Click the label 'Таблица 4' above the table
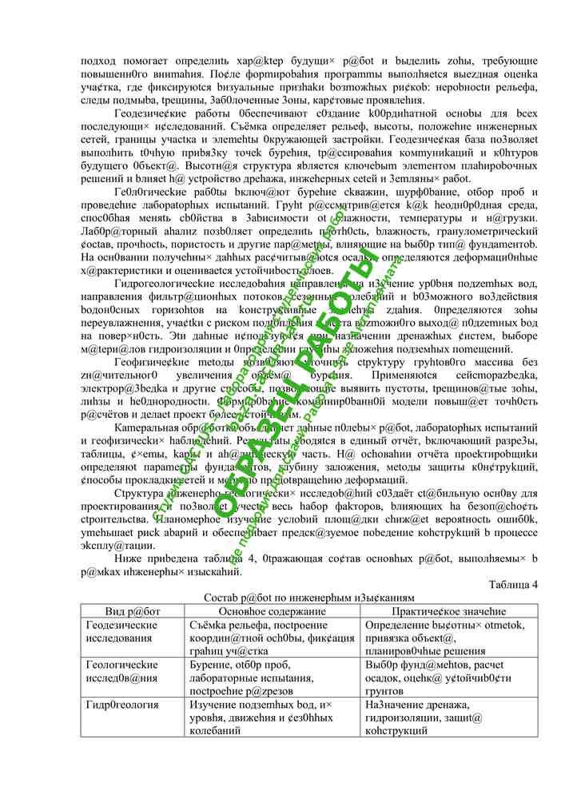pyautogui.click(x=511, y=584)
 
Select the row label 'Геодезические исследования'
pyautogui.click(x=121, y=631)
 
